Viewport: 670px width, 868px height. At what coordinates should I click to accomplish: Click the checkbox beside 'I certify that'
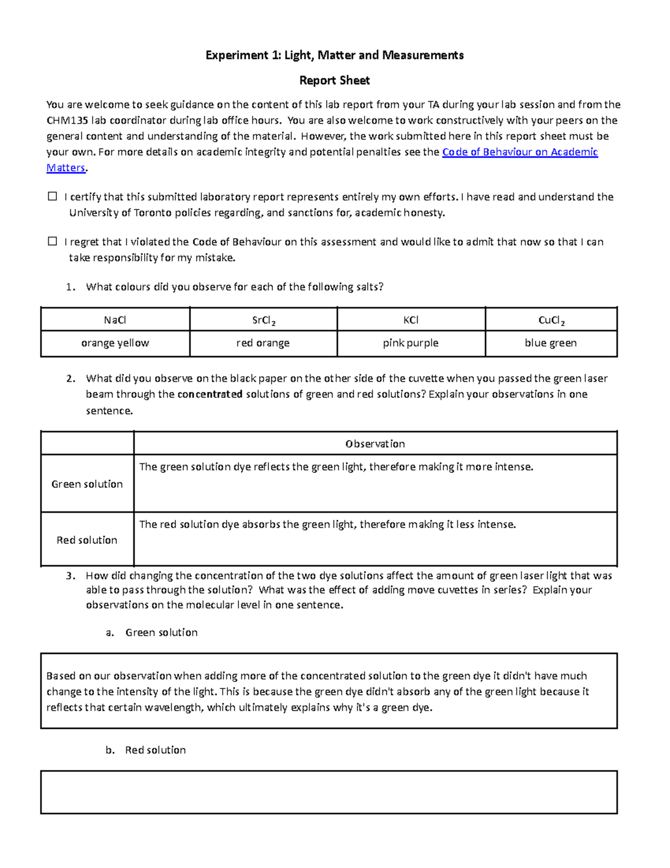click(52, 196)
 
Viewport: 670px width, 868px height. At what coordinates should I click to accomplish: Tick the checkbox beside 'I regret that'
click(52, 241)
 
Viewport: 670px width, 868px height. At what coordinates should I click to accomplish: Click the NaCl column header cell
click(115, 320)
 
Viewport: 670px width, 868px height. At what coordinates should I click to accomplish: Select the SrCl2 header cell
click(264, 320)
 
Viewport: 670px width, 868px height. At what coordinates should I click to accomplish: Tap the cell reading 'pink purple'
click(411, 343)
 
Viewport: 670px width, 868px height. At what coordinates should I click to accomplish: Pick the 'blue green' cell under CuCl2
click(551, 343)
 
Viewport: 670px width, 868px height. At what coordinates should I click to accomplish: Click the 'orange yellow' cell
click(115, 343)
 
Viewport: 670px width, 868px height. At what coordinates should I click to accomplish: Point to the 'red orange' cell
click(263, 343)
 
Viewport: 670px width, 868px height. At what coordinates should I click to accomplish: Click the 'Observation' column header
click(375, 444)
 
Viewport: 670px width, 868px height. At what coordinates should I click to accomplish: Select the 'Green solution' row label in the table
click(87, 484)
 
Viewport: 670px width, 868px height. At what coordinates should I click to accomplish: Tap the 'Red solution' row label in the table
click(87, 540)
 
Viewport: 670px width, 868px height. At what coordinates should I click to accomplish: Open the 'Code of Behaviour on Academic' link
click(519, 152)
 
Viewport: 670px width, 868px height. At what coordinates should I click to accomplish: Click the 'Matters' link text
click(65, 168)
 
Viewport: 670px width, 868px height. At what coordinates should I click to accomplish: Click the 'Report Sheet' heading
click(334, 80)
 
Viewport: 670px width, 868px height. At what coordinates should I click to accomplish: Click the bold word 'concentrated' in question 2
click(210, 394)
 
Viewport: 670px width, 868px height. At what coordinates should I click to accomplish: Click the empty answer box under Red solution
click(329, 792)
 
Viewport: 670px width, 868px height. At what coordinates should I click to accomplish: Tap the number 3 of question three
click(70, 576)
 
